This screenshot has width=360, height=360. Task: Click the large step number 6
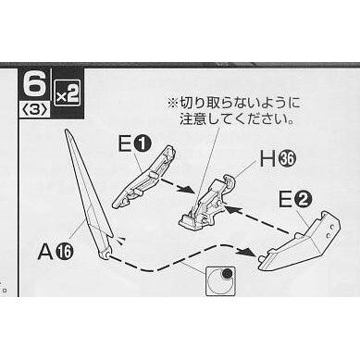point(34,84)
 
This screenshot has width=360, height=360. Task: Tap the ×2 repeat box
point(67,93)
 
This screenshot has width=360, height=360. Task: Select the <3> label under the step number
point(34,110)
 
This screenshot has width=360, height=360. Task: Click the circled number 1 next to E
point(143,144)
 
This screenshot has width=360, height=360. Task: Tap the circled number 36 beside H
point(287,160)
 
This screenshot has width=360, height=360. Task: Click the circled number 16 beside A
point(64,253)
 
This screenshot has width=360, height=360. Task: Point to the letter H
point(267,159)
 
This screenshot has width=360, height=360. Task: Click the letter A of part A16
point(45,253)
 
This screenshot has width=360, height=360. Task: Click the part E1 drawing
point(143,177)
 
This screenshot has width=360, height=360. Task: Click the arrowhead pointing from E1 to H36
point(189,191)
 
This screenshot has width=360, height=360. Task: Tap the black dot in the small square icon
point(227,273)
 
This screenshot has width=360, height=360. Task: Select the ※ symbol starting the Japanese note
point(172,104)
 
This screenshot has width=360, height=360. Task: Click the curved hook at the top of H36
point(229,182)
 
